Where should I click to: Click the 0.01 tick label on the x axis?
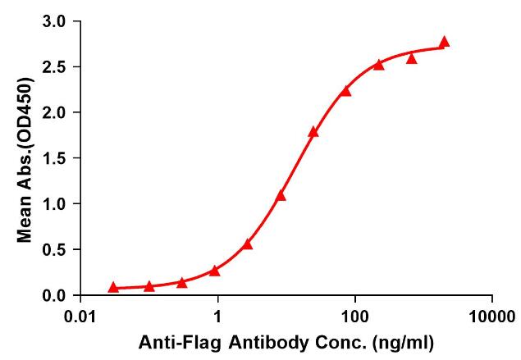[80, 315]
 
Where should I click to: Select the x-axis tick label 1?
[217, 315]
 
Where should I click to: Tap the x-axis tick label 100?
[355, 315]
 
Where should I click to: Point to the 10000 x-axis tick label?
[492, 315]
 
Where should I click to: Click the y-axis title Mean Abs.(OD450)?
[25, 158]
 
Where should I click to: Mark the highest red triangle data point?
[444, 42]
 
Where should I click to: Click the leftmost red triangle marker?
[113, 287]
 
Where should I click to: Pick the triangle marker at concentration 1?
[215, 271]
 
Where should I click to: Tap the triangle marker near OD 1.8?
[313, 131]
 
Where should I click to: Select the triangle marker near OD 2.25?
[345, 90]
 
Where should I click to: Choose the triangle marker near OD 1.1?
[281, 195]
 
